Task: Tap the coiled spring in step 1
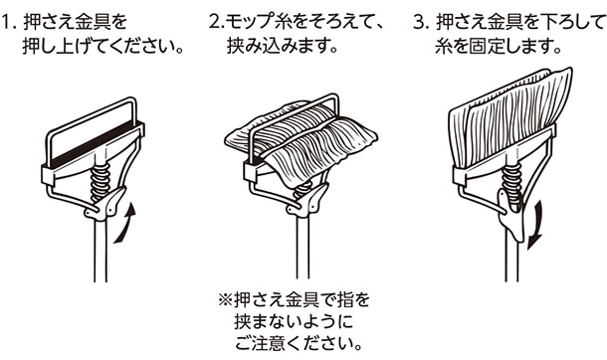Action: tap(101, 181)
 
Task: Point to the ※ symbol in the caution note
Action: tap(225, 299)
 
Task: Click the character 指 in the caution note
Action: tap(346, 299)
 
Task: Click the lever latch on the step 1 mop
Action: tap(106, 204)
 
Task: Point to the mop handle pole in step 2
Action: tap(303, 248)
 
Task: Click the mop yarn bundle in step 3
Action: tap(507, 116)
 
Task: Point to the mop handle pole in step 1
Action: tap(101, 252)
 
